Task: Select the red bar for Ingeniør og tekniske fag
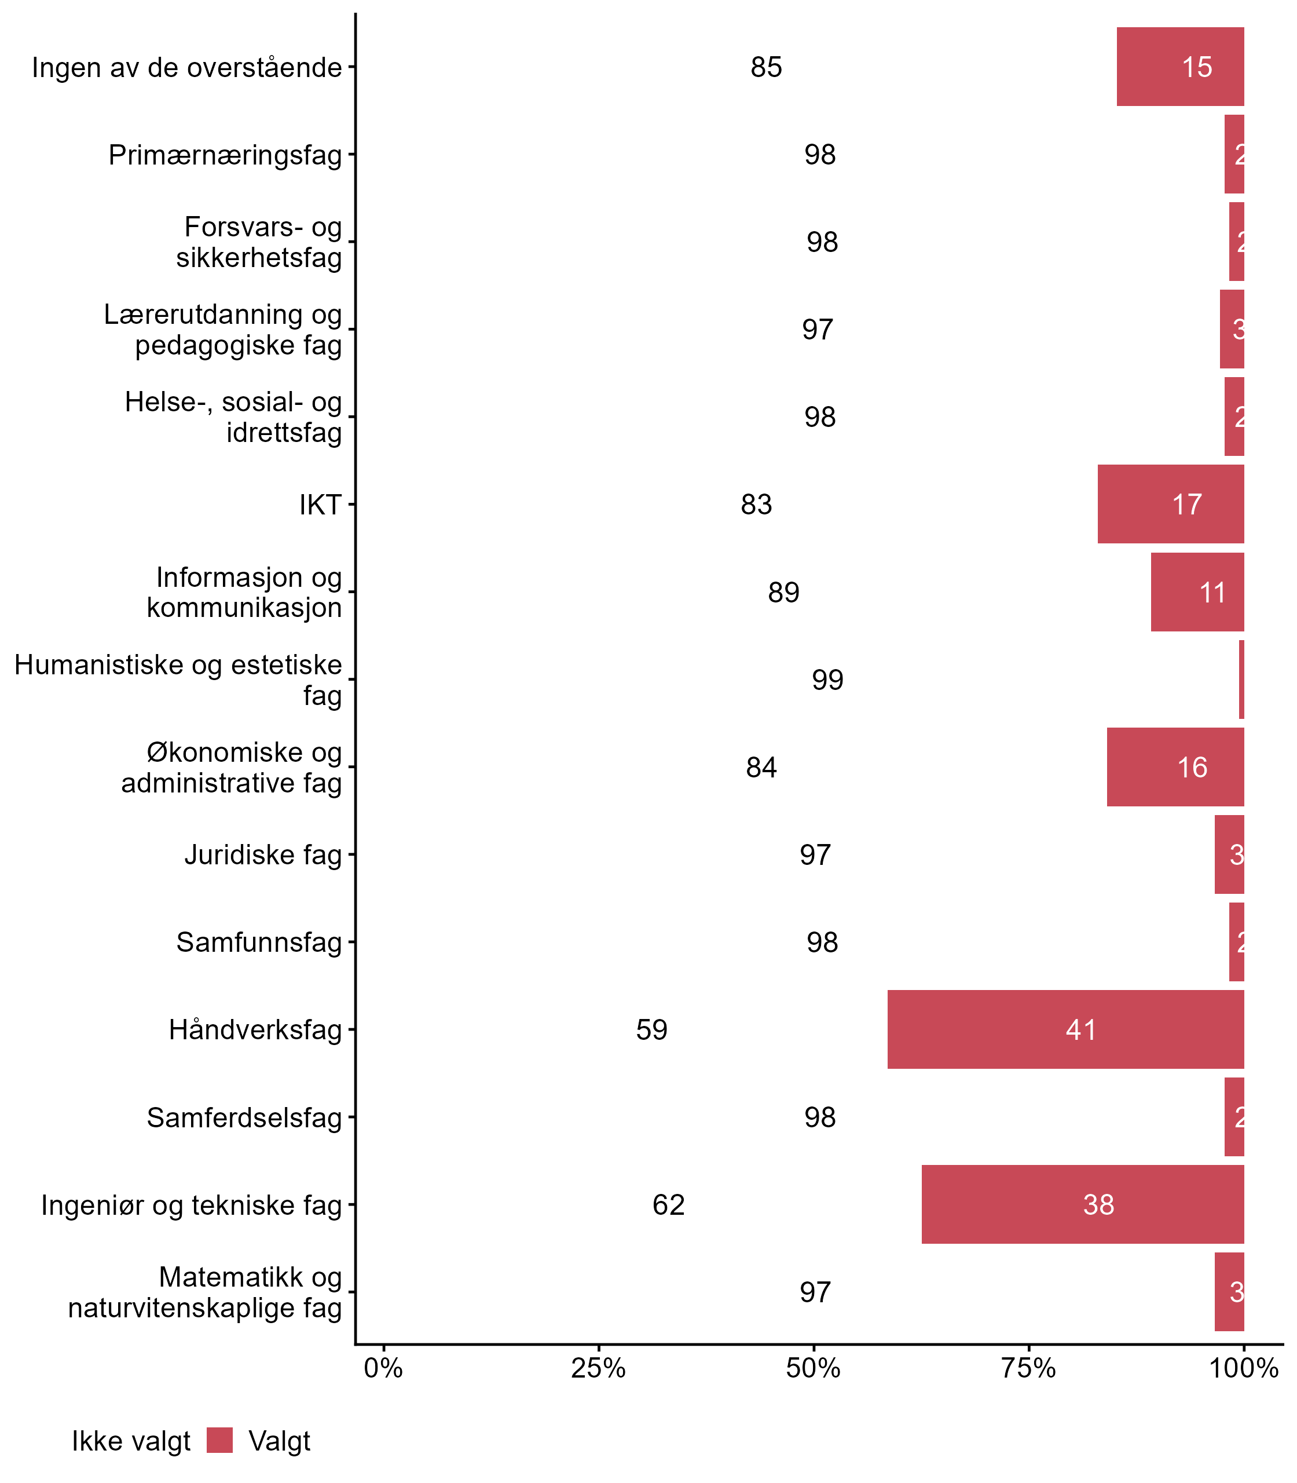click(1083, 1204)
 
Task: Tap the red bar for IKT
click(1170, 504)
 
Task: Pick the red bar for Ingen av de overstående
click(1180, 67)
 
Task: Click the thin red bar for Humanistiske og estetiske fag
click(1241, 679)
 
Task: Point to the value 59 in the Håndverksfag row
click(651, 1030)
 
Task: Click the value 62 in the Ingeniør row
click(668, 1205)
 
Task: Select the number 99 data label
click(827, 680)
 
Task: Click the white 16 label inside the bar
click(1192, 768)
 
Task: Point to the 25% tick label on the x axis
click(598, 1368)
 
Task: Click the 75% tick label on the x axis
click(1028, 1368)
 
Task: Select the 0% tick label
click(383, 1368)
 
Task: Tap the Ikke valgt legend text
click(131, 1441)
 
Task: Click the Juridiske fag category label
click(263, 854)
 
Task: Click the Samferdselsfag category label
click(244, 1117)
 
